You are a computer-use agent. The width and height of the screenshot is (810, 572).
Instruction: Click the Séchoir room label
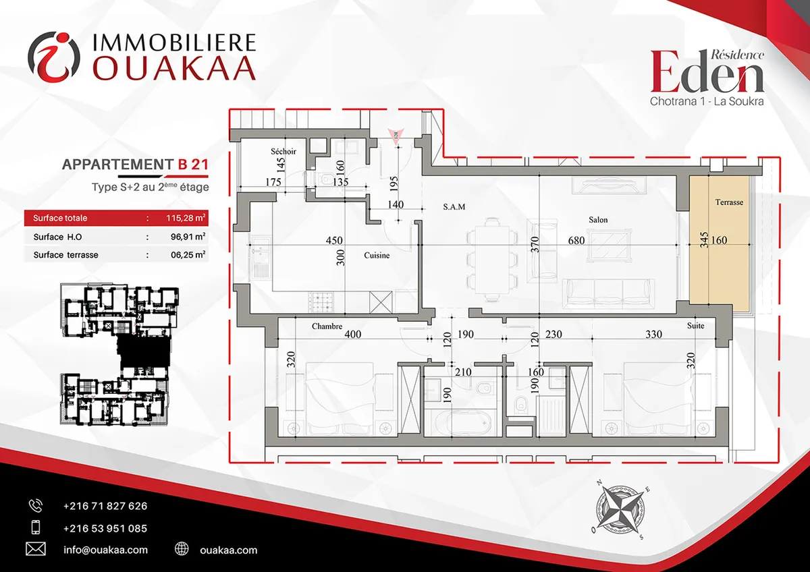click(283, 151)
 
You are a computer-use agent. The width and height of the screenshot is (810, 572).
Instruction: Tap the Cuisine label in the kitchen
click(377, 255)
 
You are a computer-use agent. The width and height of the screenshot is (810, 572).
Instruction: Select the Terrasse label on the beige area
click(729, 202)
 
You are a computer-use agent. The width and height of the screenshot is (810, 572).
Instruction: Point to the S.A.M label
click(454, 206)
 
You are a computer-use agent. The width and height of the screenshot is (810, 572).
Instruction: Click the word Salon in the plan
click(598, 220)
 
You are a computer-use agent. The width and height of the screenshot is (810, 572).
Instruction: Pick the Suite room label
click(695, 326)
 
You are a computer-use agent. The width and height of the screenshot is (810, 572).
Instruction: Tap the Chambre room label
click(327, 326)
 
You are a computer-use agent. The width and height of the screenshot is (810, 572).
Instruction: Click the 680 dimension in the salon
click(576, 240)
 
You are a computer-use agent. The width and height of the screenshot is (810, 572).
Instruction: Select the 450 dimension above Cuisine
click(333, 240)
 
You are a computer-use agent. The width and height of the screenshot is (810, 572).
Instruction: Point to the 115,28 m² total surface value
click(186, 218)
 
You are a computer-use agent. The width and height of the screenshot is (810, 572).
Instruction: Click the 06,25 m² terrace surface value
click(188, 255)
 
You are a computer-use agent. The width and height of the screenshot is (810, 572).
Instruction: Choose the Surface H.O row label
click(57, 237)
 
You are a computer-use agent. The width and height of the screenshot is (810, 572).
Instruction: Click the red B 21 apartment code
click(193, 165)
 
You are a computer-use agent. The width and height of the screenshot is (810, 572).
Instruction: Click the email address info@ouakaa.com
click(105, 550)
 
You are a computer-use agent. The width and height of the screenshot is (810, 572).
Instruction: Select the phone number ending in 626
click(105, 506)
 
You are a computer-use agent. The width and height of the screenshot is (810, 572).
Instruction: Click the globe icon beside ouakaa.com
click(182, 548)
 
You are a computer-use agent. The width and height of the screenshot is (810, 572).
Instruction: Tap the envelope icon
click(36, 549)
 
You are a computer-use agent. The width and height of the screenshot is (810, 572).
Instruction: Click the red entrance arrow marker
click(396, 136)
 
